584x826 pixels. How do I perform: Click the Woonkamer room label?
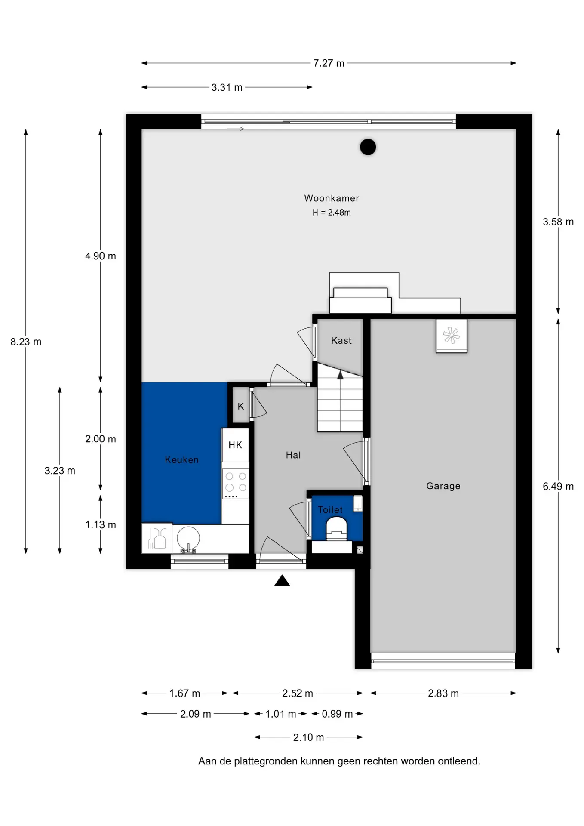332,198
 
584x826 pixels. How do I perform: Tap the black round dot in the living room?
368,147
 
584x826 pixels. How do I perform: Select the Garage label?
443,486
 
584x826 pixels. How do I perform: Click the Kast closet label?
341,341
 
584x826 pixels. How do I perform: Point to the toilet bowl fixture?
337,529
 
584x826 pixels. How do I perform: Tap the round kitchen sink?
188,538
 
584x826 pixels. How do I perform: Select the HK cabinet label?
235,445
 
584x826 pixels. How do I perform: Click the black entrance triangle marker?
282,580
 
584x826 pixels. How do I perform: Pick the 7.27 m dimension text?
329,63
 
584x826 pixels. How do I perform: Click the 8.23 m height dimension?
26,342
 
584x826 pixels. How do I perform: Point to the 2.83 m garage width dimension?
443,693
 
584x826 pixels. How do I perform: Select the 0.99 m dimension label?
338,714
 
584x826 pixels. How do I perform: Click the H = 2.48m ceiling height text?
332,213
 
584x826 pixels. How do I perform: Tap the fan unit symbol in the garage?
452,336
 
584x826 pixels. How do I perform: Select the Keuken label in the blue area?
182,460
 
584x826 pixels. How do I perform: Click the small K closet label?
241,406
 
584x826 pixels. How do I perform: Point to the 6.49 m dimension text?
558,487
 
